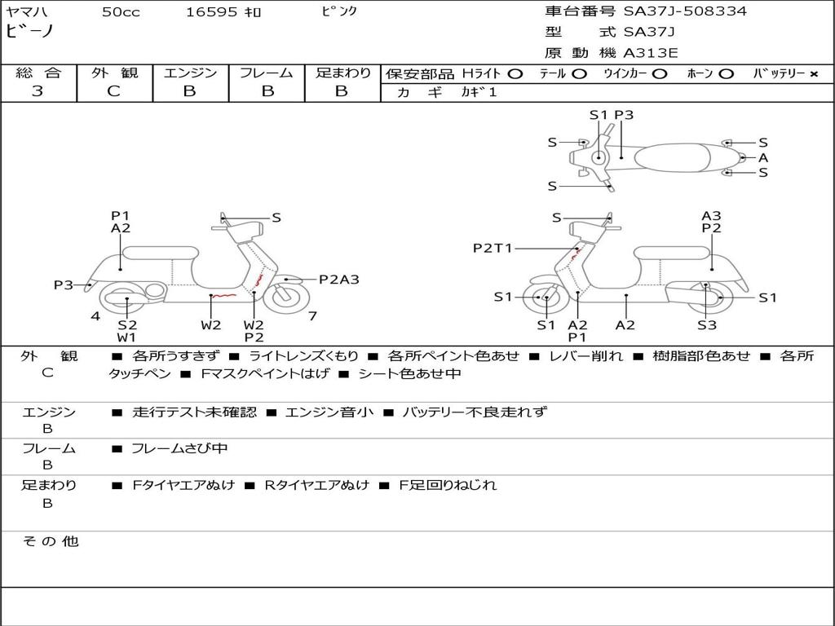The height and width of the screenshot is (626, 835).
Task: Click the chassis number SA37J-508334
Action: tap(685, 11)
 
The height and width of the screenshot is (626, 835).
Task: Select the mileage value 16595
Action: tap(211, 12)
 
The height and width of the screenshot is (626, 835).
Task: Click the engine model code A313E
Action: tap(651, 54)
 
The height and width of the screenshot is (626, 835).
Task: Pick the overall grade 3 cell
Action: tap(38, 91)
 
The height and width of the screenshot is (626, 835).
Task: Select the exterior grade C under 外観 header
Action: tap(114, 91)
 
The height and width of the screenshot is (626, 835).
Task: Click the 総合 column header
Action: tap(38, 73)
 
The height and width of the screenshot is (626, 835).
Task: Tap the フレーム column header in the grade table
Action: tap(267, 73)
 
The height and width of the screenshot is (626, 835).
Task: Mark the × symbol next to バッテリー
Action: tap(814, 74)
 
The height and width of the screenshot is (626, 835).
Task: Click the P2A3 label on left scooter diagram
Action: tap(338, 280)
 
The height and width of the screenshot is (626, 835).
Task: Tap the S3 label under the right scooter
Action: tap(706, 325)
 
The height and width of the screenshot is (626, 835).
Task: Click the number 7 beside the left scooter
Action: tap(312, 316)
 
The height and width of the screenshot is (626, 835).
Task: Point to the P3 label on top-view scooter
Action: tap(624, 115)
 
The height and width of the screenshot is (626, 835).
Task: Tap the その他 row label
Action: tap(50, 541)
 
